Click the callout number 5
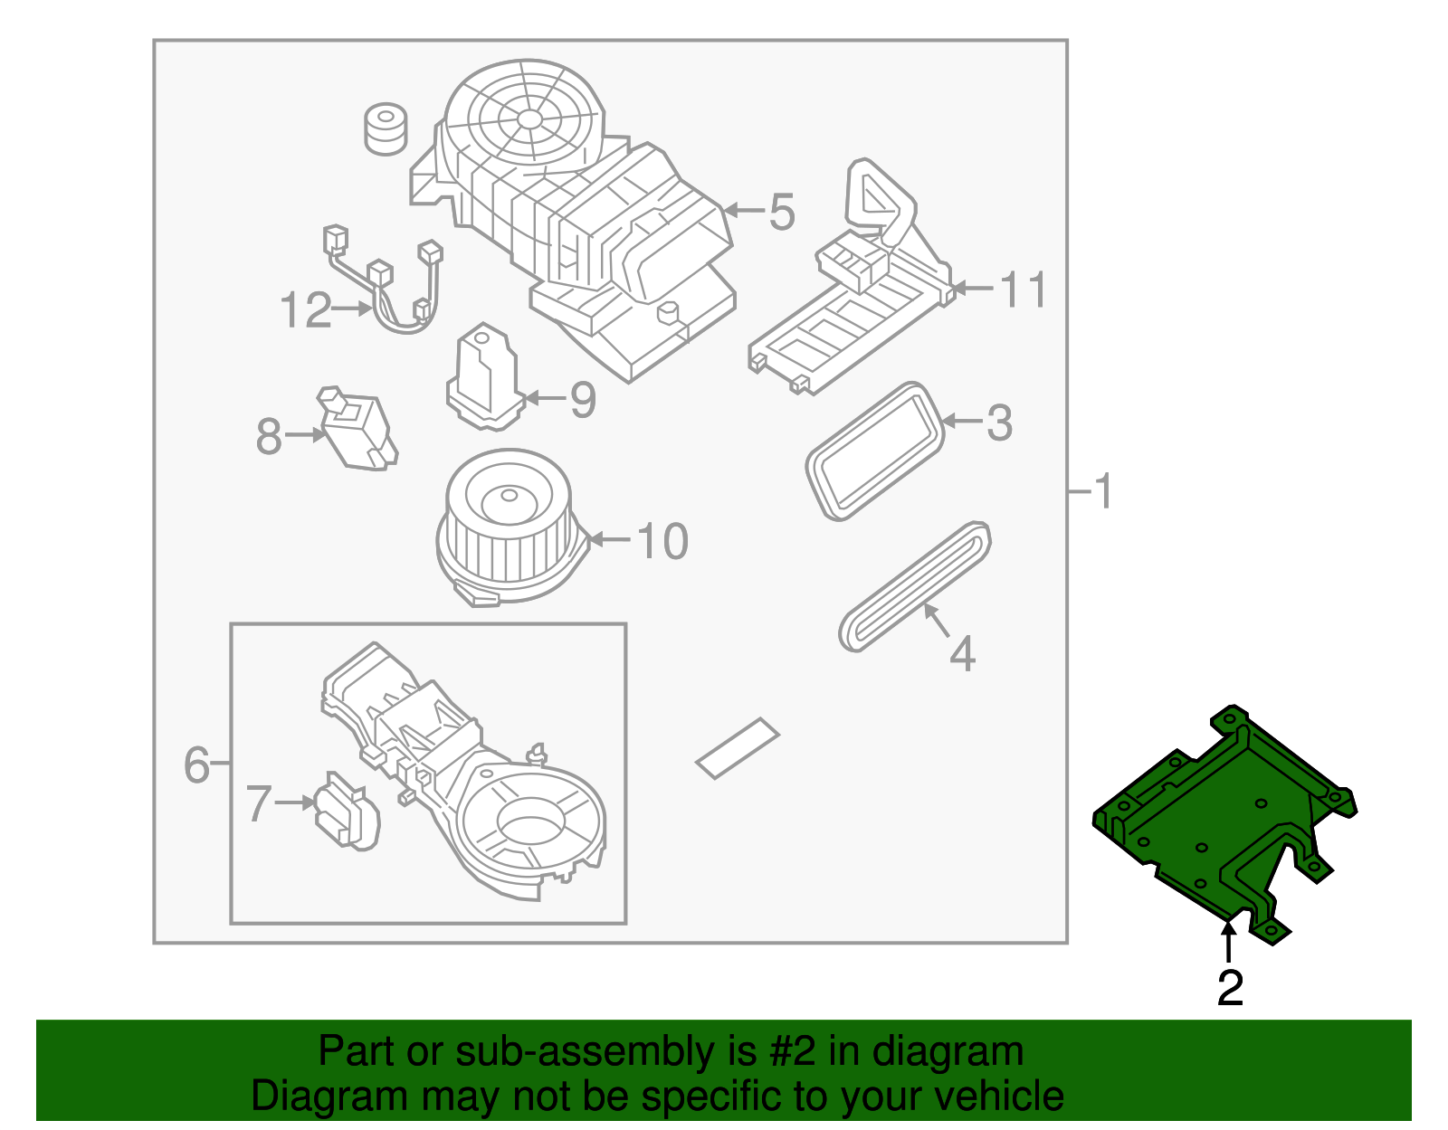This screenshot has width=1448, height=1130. tap(782, 213)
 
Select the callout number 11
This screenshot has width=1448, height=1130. tap(1024, 290)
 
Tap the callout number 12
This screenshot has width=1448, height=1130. tap(306, 311)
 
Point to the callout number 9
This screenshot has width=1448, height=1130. tap(583, 399)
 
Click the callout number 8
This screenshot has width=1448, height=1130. tap(269, 437)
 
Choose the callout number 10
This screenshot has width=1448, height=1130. tap(662, 541)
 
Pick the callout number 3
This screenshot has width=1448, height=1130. tap(999, 423)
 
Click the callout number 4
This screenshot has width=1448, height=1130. tap(962, 653)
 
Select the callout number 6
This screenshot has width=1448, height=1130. tap(196, 765)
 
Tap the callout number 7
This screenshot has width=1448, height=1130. tap(259, 803)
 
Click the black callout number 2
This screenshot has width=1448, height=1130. tap(1230, 988)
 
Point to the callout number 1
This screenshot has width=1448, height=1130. tap(1102, 492)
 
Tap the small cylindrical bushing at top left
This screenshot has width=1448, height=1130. tap(386, 128)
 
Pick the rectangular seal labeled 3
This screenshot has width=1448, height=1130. tap(874, 452)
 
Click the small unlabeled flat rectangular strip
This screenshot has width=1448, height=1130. tap(738, 748)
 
